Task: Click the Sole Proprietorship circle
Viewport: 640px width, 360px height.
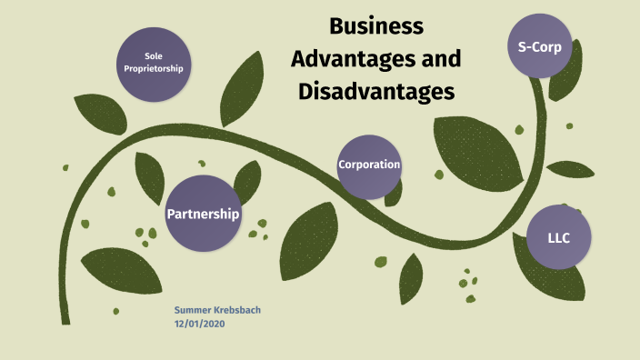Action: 154,63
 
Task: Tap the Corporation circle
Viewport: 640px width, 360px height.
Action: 369,166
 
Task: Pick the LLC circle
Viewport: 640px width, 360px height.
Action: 559,236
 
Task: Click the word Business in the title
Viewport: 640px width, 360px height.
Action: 376,26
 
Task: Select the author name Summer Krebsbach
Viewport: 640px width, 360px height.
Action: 217,311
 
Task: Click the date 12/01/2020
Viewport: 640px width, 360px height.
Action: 200,325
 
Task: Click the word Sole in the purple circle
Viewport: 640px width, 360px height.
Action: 153,56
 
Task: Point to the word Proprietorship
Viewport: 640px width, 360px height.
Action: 154,69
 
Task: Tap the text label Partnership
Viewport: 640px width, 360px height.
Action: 203,215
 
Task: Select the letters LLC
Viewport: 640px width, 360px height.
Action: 558,237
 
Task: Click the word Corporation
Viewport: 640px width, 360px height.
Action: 369,165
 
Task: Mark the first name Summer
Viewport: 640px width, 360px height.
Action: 191,311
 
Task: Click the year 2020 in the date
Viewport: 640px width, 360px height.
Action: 214,325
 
